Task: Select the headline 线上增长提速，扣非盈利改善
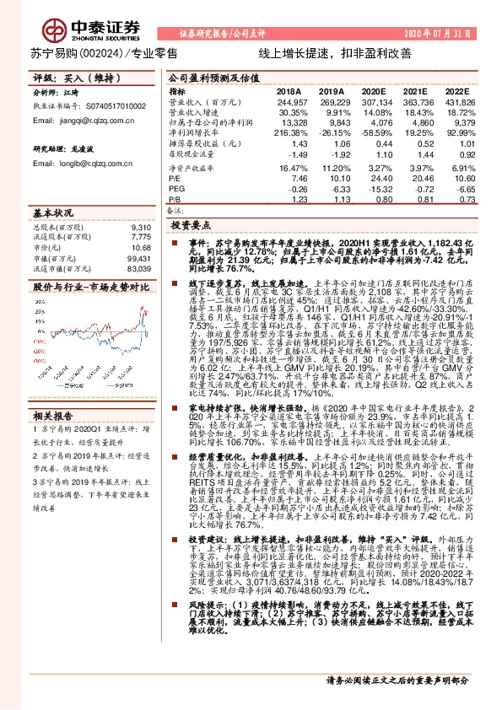click(335, 52)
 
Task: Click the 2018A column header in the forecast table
click(289, 90)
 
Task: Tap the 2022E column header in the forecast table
click(456, 90)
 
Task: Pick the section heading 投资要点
click(189, 227)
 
